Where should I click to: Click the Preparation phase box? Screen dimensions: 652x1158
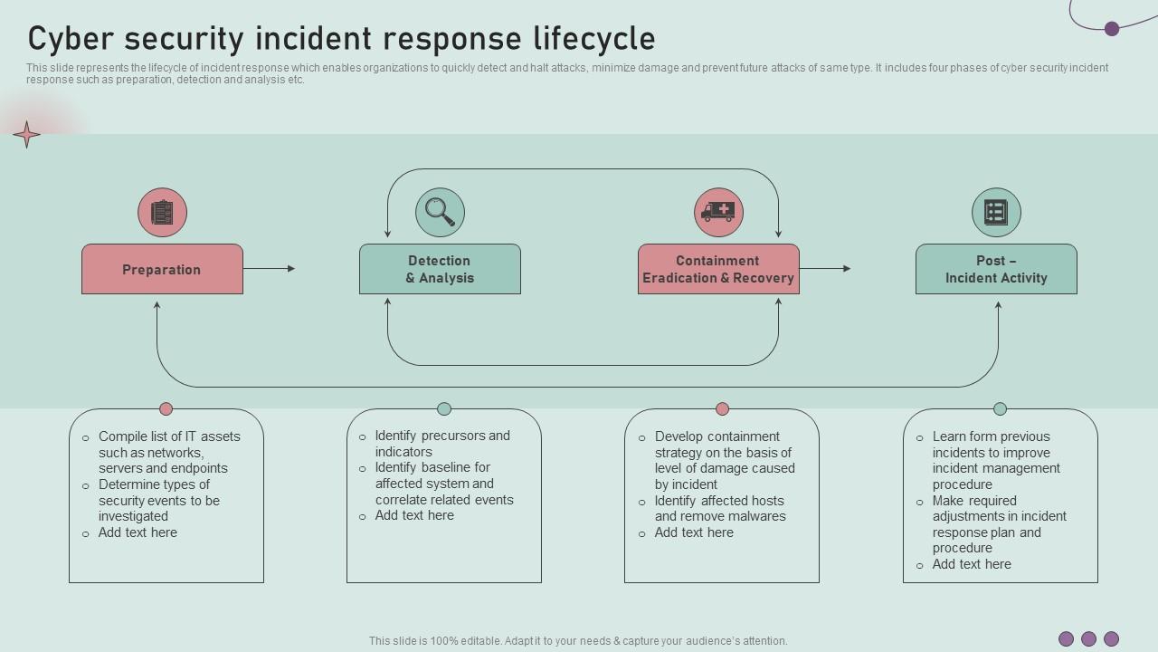pos(162,269)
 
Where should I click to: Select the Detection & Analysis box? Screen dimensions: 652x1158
pos(440,269)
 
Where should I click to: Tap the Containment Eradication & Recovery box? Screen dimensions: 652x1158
pos(718,269)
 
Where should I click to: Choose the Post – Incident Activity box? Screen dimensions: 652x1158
pos(996,269)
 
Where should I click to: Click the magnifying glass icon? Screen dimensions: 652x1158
pos(440,212)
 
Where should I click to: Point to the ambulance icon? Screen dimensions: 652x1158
pos(718,212)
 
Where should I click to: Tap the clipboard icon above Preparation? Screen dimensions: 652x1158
pos(162,212)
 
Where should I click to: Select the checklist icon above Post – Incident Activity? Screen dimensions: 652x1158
pos(996,212)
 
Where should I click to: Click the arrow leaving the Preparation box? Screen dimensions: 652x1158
pos(270,268)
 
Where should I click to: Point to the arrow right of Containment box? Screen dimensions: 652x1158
pos(825,268)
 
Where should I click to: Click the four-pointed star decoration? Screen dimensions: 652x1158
pos(26,135)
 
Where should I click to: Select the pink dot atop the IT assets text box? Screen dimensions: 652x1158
pos(166,408)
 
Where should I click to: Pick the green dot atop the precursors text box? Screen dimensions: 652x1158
pos(444,408)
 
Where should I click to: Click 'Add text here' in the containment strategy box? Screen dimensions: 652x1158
pos(694,532)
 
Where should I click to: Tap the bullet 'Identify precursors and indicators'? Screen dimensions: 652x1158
pos(442,444)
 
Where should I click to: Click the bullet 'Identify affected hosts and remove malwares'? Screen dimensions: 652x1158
pos(720,508)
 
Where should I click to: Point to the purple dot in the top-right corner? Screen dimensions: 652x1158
pos(1112,29)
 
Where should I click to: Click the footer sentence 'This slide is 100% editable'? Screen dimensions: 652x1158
pos(578,641)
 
